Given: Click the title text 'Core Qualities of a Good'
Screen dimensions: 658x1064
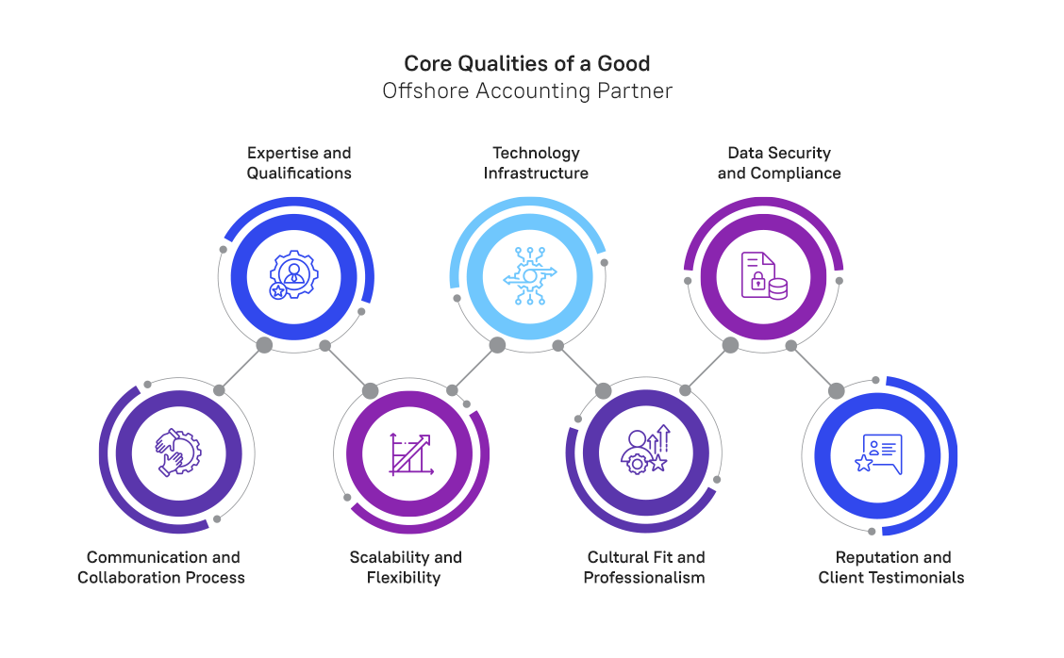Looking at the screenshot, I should [526, 64].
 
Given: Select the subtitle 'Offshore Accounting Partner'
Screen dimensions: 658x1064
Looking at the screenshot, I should [526, 91].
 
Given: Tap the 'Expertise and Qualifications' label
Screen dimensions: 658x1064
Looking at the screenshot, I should [299, 163].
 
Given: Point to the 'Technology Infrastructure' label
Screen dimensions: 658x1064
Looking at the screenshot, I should [536, 163].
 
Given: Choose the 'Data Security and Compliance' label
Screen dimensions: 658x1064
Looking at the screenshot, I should [779, 163].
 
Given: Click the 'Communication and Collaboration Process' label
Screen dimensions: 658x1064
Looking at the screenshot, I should [162, 568].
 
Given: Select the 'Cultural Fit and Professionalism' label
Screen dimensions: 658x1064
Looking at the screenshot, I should [645, 568].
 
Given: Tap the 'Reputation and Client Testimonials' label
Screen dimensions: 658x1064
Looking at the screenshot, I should [891, 568].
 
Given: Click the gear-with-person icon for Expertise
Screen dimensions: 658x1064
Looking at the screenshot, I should [294, 275].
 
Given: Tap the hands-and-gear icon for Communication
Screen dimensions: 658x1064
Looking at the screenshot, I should [177, 452].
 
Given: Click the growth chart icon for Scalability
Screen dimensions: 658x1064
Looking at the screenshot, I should [411, 454].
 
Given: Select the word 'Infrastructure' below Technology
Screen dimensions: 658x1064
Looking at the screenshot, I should [536, 173].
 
